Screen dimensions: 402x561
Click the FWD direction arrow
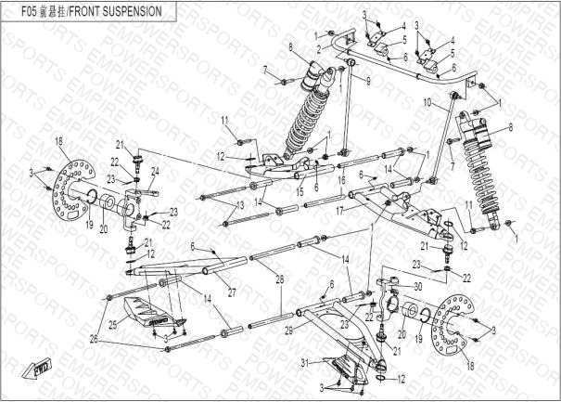[42, 369]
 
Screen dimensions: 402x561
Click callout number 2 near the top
[318, 47]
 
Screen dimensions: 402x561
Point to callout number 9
[367, 82]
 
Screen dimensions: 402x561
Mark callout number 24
[155, 171]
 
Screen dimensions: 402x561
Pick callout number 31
[303, 362]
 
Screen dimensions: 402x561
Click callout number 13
[240, 203]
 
